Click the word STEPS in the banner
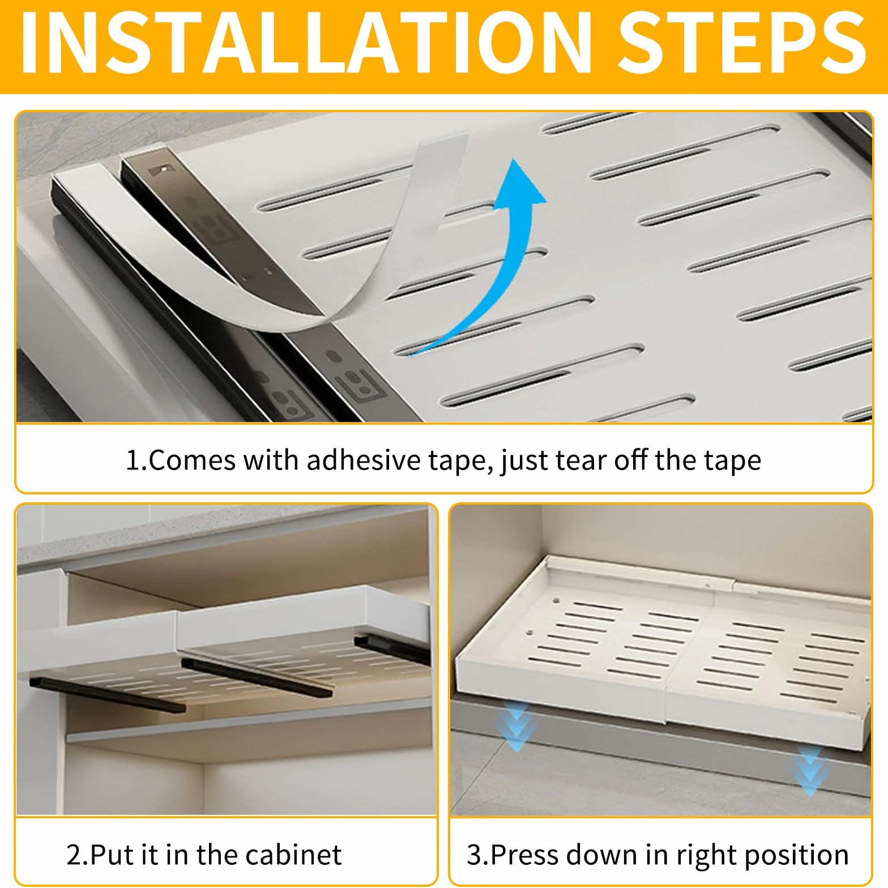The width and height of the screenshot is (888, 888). point(742,44)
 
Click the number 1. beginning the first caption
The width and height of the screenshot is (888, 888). point(136,460)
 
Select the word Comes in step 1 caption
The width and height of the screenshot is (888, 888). point(192,460)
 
